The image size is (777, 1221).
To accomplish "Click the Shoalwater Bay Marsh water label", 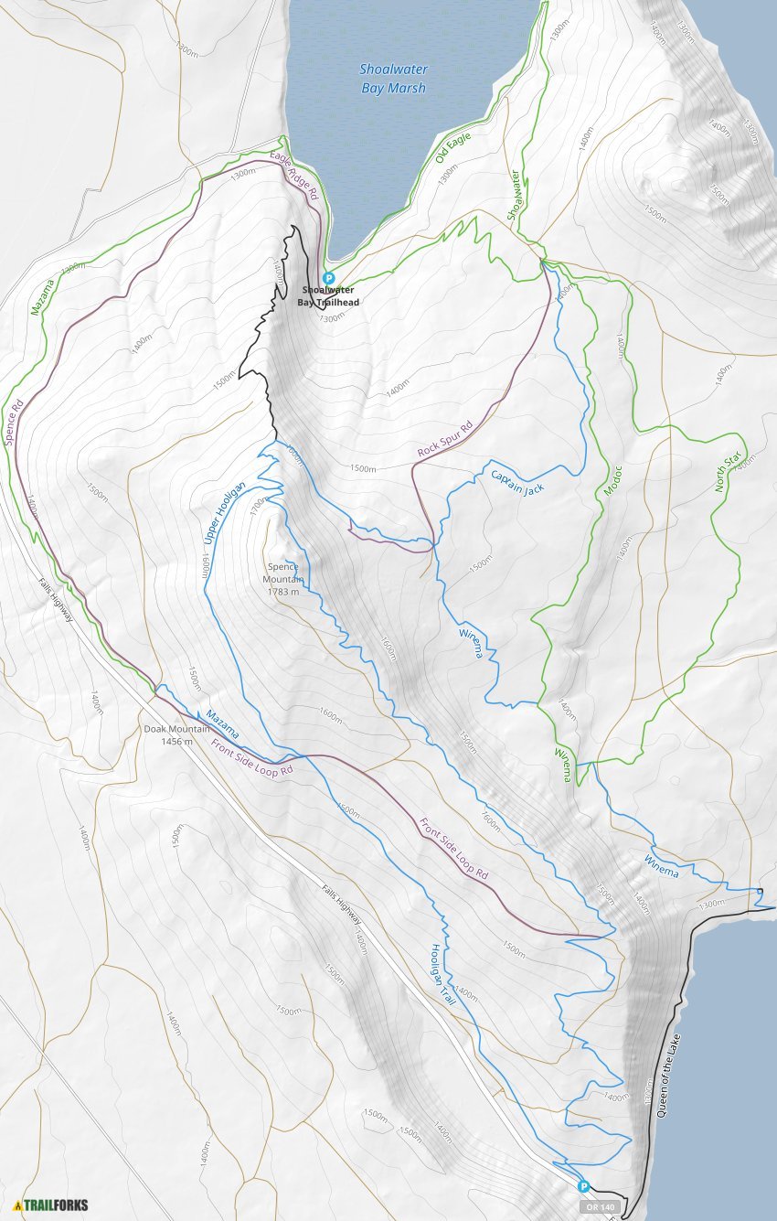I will [393, 79].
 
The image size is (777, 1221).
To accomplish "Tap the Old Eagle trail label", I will [447, 147].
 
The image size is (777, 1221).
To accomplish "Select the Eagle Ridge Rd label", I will [294, 176].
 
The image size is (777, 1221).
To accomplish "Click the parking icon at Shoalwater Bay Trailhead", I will [329, 279].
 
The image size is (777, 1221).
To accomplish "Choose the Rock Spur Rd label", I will [445, 439].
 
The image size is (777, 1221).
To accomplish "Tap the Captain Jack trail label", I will [517, 482].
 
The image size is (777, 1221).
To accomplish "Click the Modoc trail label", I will [612, 481].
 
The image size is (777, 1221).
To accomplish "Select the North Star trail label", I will [728, 473].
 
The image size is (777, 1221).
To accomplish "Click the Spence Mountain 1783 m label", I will [282, 579].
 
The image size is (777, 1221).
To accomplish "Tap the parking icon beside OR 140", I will [583, 1186].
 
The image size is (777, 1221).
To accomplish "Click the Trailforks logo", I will [52, 1205].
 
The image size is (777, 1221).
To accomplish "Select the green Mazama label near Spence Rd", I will [42, 297].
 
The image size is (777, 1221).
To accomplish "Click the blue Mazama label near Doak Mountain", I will [222, 724].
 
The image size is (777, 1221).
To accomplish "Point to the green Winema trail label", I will [562, 765].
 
